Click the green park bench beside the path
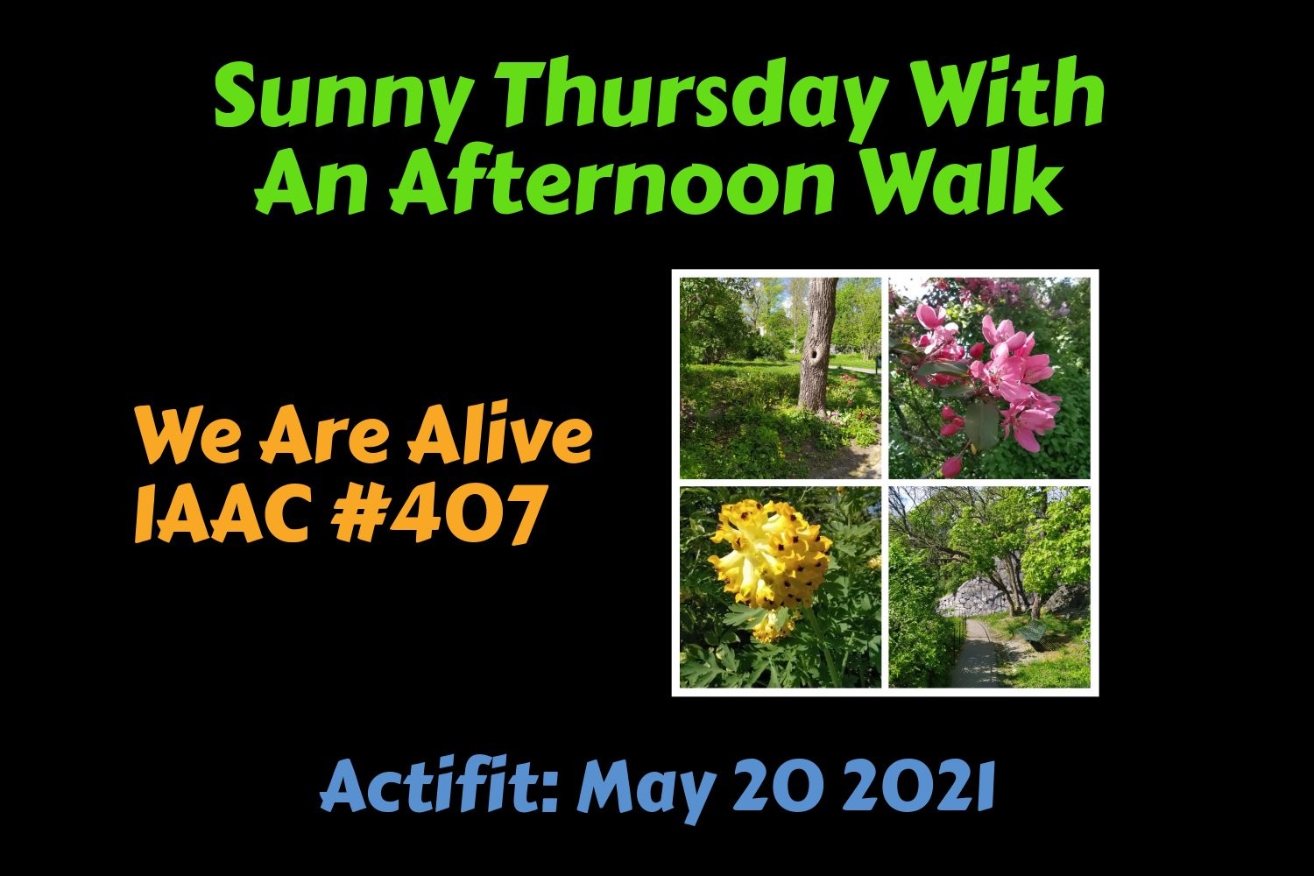pyautogui.click(x=1035, y=633)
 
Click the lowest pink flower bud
pyautogui.click(x=950, y=466)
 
